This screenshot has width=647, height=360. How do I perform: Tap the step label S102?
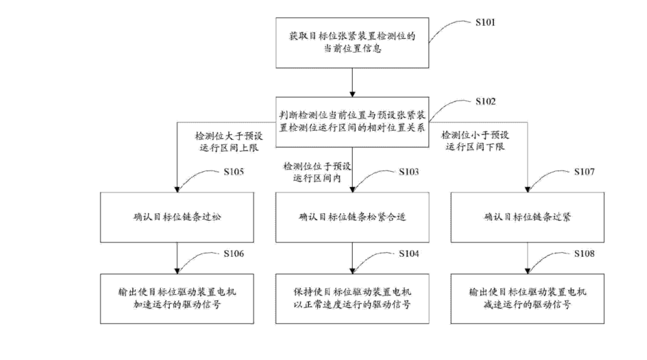pyautogui.click(x=486, y=102)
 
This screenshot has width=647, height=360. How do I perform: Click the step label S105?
pyautogui.click(x=233, y=171)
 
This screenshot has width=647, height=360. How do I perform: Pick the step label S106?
pyautogui.click(x=233, y=254)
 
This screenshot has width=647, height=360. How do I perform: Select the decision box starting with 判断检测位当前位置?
pyautogui.click(x=352, y=122)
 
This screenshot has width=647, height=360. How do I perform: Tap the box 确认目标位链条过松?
pyautogui.click(x=178, y=217)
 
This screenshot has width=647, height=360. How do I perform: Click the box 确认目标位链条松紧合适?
pyautogui.click(x=352, y=217)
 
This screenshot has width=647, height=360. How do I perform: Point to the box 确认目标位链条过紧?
pyautogui.click(x=527, y=217)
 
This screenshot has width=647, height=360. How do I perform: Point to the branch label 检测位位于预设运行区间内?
pyautogui.click(x=316, y=172)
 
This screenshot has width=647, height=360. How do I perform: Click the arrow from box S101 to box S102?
pyautogui.click(x=352, y=81)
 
